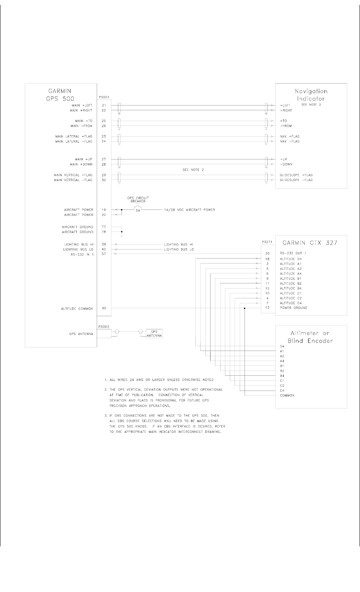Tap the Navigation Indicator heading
tap(311, 95)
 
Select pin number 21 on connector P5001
tap(103, 105)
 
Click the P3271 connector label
tap(266, 242)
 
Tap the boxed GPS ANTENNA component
tap(154, 333)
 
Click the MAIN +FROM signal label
tap(82, 126)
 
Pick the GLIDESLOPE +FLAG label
tap(296, 175)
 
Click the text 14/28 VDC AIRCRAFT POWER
tap(189, 209)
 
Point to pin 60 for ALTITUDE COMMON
tap(103, 309)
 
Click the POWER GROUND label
tap(294, 308)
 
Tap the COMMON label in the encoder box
tap(287, 395)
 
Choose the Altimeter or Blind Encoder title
tap(311, 337)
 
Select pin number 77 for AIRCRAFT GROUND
tap(103, 227)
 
